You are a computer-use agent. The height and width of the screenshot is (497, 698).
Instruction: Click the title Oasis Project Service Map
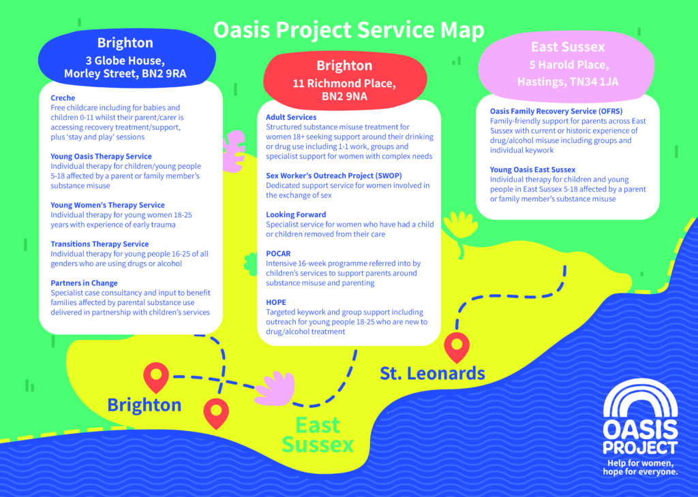pyautogui.click(x=348, y=30)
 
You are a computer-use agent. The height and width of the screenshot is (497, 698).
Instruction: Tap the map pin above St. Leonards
pyautogui.click(x=457, y=347)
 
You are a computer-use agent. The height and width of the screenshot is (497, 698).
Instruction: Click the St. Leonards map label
pyautogui.click(x=432, y=373)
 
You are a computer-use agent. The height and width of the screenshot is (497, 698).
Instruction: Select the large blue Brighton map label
pyautogui.click(x=145, y=405)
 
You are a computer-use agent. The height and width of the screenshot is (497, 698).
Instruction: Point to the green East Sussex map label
pyautogui.click(x=318, y=435)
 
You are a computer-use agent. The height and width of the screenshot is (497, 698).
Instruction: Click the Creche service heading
pyautogui.click(x=63, y=98)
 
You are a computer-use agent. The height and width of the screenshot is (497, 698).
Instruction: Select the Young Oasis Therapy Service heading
pyautogui.click(x=101, y=157)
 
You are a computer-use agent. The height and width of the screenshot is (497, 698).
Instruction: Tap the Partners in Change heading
pyautogui.click(x=84, y=283)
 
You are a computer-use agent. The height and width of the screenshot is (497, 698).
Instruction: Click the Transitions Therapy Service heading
pyautogui.click(x=100, y=244)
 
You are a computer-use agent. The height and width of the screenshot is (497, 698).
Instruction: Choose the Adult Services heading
pyautogui.click(x=291, y=117)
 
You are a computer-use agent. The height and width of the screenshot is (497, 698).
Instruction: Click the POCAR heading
pyautogui.click(x=278, y=254)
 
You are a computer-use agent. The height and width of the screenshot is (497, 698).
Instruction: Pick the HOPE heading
pyautogui.click(x=276, y=302)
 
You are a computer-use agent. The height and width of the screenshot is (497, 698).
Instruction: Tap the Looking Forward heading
pyautogui.click(x=296, y=214)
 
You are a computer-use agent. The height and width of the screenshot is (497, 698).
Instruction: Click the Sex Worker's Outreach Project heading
pyautogui.click(x=334, y=176)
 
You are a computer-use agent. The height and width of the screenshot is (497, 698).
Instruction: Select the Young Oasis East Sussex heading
pyautogui.click(x=532, y=170)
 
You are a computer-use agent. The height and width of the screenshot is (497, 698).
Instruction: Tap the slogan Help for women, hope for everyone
pyautogui.click(x=640, y=467)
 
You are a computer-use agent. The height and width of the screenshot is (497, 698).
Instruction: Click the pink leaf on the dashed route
pyautogui.click(x=275, y=389)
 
